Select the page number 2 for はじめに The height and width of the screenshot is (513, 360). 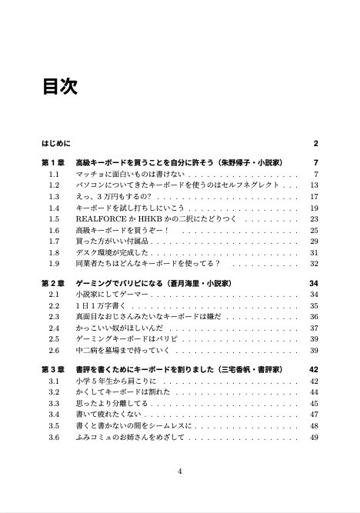point(315,143)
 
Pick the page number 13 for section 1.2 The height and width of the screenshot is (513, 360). point(314,185)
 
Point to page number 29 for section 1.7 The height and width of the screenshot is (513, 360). point(314,241)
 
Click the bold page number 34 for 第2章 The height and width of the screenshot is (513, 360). point(313,283)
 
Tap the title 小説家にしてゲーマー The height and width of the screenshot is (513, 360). point(112,295)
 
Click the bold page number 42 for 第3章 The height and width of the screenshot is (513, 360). point(313,370)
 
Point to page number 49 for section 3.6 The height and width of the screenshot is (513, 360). point(314,437)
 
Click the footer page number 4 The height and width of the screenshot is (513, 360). point(179,471)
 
